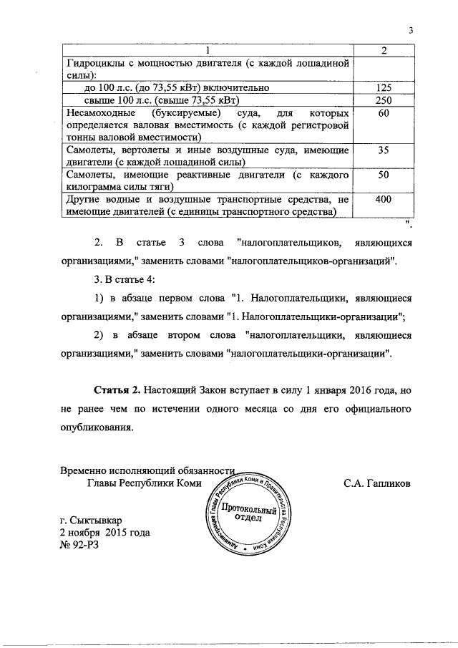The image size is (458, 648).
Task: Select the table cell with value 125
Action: [383, 87]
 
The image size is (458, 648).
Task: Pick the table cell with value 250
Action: [383, 100]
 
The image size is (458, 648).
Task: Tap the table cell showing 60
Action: [383, 114]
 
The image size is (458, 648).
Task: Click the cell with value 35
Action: [383, 150]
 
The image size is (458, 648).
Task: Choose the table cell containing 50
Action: [383, 175]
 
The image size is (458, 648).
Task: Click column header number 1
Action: [208, 50]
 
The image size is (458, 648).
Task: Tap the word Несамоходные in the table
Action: [103, 114]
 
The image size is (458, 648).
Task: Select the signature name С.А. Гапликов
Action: [377, 483]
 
